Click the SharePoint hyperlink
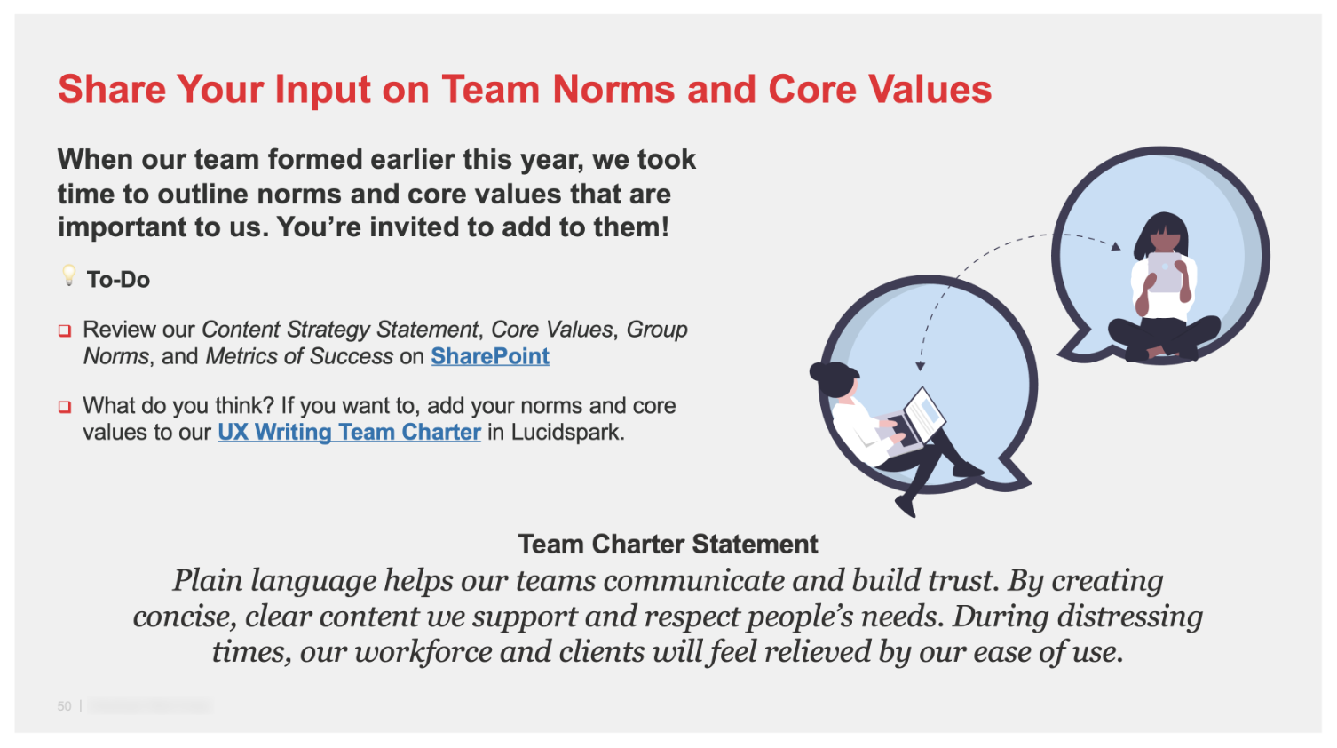(490, 356)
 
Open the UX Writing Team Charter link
(349, 433)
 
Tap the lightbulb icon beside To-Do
(68, 275)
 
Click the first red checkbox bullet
(65, 330)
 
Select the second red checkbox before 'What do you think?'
(65, 407)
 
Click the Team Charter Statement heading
(668, 544)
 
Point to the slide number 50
(64, 706)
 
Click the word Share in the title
(112, 90)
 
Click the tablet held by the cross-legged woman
(1165, 272)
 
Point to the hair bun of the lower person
(819, 370)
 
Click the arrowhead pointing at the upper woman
(1115, 246)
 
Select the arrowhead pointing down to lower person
(921, 364)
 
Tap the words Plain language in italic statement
(274, 580)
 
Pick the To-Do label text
(118, 280)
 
